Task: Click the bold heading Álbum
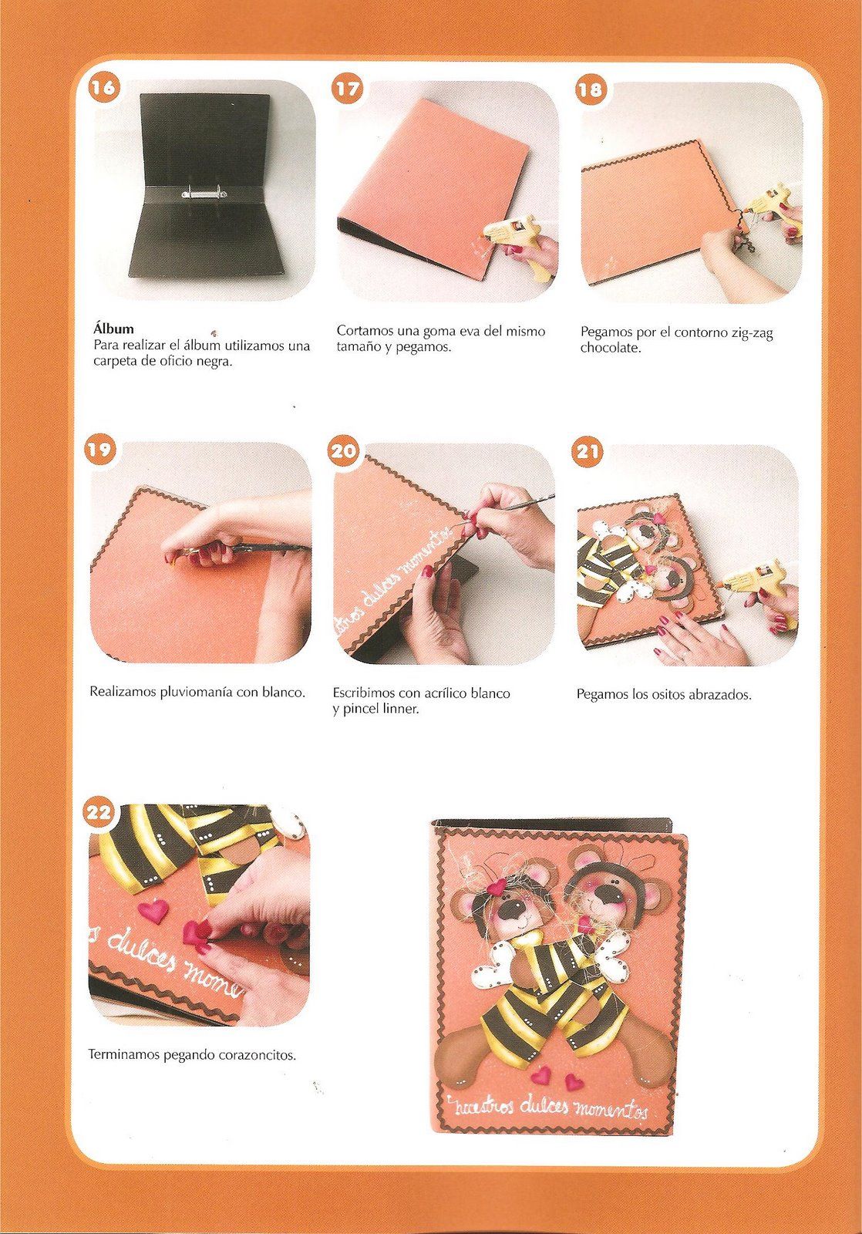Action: pyautogui.click(x=113, y=329)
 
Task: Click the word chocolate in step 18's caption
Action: pyautogui.click(x=611, y=348)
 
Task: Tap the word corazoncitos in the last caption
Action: pyautogui.click(x=257, y=1056)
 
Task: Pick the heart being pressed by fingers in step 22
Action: pyautogui.click(x=196, y=932)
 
